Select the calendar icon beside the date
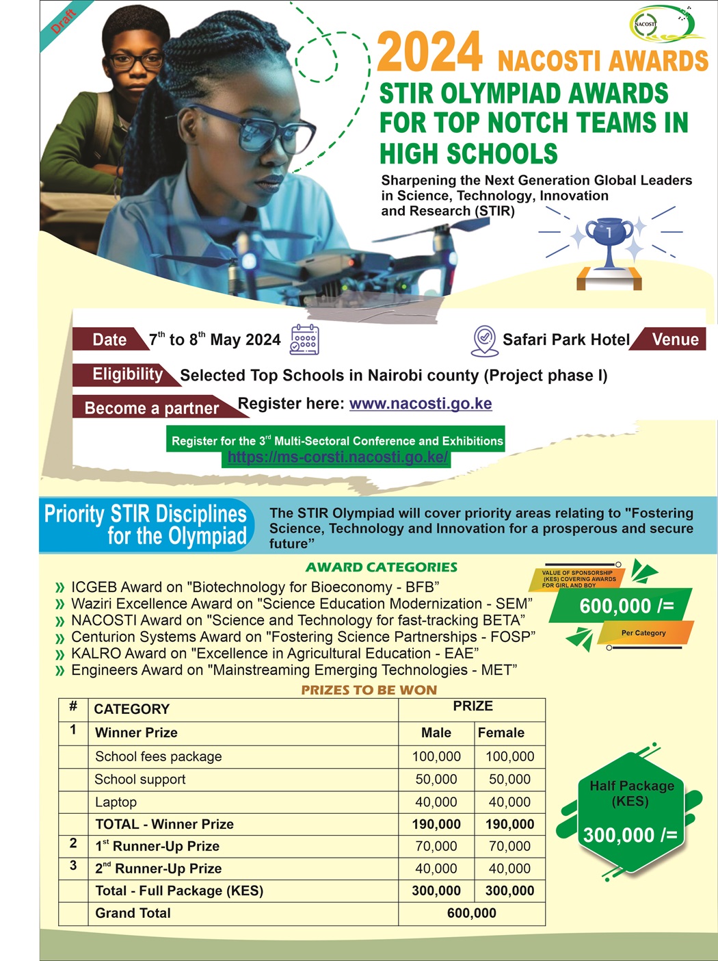pyautogui.click(x=304, y=339)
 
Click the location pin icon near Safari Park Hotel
pyautogui.click(x=485, y=340)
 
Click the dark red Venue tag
pyautogui.click(x=674, y=339)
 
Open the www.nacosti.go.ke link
pyautogui.click(x=421, y=404)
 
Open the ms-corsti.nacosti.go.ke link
pyautogui.click(x=338, y=457)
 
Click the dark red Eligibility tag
pyautogui.click(x=127, y=374)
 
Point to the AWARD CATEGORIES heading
pyautogui.click(x=382, y=567)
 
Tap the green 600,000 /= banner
pyautogui.click(x=626, y=606)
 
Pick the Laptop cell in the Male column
pyautogui.click(x=436, y=802)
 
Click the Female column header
pyautogui.click(x=501, y=732)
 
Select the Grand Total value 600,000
pyautogui.click(x=472, y=913)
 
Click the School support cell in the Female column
pyautogui.click(x=509, y=779)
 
